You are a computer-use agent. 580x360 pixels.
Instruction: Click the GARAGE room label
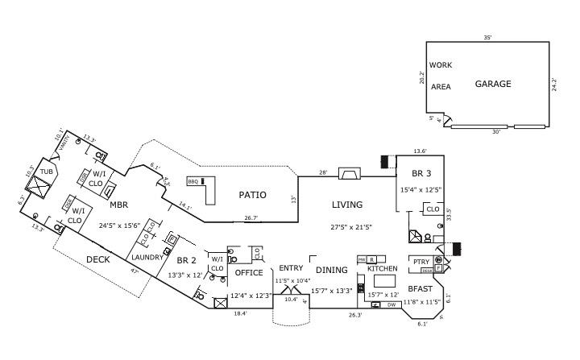pyautogui.click(x=492, y=84)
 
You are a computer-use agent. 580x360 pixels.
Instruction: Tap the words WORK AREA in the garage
pyautogui.click(x=440, y=76)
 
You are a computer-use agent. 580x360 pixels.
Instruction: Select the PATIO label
pyautogui.click(x=252, y=195)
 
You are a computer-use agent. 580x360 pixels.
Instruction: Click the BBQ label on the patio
pyautogui.click(x=193, y=181)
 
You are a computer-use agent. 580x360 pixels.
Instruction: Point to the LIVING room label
pyautogui.click(x=347, y=205)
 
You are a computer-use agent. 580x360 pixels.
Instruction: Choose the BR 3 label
pyautogui.click(x=421, y=173)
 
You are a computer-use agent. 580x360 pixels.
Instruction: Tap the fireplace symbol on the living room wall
pyautogui.click(x=350, y=173)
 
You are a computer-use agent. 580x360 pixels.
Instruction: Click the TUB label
pyautogui.click(x=46, y=172)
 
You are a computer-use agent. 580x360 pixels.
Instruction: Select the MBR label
pyautogui.click(x=118, y=205)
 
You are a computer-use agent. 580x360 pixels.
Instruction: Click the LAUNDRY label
pyautogui.click(x=148, y=257)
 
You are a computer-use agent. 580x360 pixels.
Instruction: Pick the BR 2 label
pyautogui.click(x=187, y=260)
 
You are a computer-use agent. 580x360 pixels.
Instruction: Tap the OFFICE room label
pyautogui.click(x=248, y=273)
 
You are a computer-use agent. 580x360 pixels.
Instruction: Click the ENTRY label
pyautogui.click(x=290, y=268)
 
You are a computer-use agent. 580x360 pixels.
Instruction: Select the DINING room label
pyautogui.click(x=331, y=270)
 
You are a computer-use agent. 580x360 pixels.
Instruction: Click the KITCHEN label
pyautogui.click(x=383, y=268)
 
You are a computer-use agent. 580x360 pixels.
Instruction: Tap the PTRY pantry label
pyautogui.click(x=420, y=262)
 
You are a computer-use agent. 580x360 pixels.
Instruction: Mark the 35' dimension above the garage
pyautogui.click(x=487, y=38)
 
